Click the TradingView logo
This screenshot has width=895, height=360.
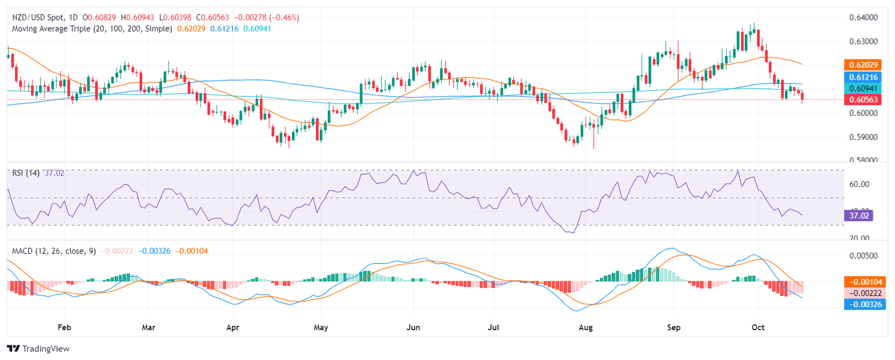click(x=38, y=348)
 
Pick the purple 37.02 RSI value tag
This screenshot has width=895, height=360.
click(x=858, y=216)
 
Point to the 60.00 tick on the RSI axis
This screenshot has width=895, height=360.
click(x=856, y=184)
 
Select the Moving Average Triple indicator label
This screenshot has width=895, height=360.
click(x=91, y=29)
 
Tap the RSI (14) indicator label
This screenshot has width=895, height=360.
click(x=26, y=173)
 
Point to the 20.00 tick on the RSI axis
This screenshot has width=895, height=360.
click(x=856, y=238)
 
